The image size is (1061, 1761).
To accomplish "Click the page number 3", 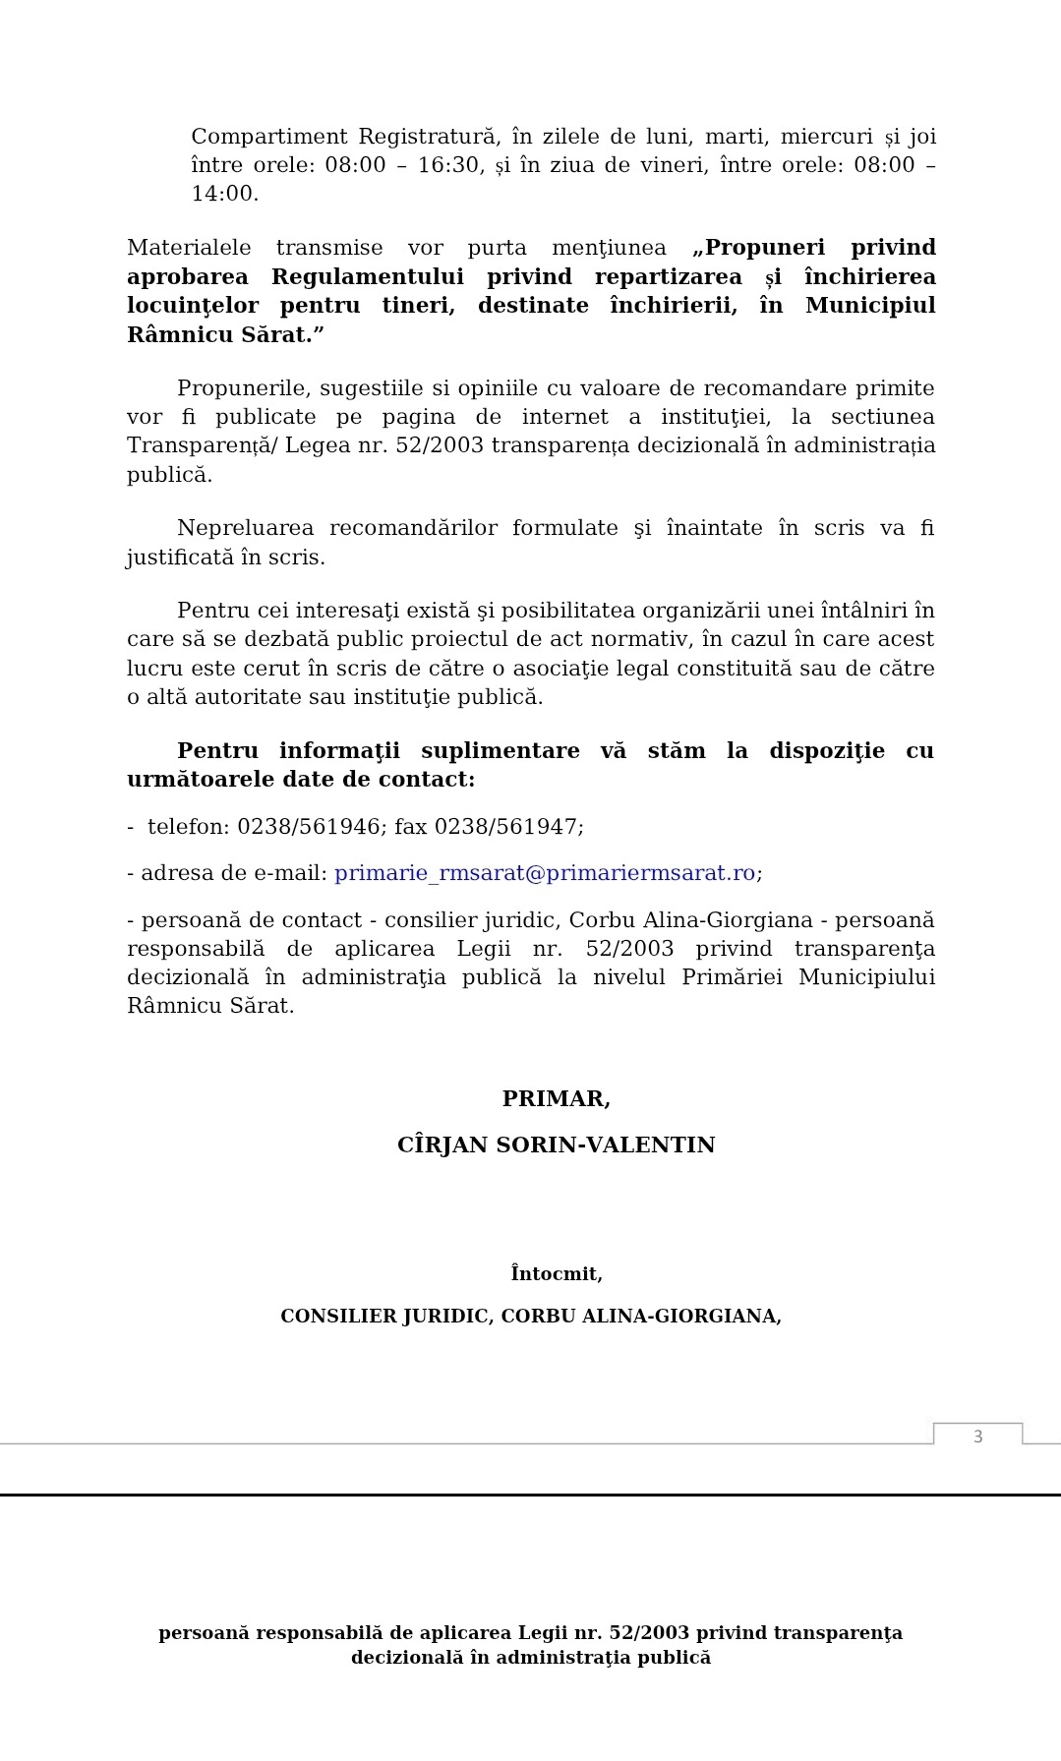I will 977,1437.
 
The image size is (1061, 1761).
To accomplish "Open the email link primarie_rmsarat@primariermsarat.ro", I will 545,873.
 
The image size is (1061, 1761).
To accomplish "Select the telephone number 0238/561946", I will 308,827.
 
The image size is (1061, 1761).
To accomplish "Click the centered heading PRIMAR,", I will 556,1099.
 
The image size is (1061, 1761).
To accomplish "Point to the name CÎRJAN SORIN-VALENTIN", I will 556,1145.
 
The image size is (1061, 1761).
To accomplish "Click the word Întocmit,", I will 556,1274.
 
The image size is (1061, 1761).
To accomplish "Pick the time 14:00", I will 224,194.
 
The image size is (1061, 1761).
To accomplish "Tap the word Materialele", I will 189,248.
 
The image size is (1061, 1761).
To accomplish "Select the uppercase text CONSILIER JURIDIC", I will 385,1317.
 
